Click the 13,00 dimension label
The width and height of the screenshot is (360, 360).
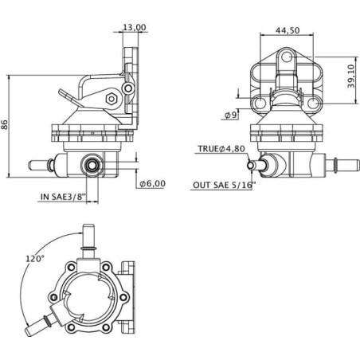135,27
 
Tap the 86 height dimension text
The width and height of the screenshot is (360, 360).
5,124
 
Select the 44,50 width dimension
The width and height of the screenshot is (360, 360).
288,30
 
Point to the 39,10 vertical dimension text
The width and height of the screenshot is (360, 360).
351,76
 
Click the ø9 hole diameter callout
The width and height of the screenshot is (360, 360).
230,115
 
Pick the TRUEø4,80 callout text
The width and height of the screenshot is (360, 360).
221,149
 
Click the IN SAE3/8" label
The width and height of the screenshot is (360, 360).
63,197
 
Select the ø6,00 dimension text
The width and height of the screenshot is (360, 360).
153,183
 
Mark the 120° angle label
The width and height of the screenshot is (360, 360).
34,258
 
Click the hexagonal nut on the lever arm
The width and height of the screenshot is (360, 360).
112,99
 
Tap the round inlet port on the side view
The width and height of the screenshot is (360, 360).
92,165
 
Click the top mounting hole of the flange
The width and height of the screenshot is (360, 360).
287,57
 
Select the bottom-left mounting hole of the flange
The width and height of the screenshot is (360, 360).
260,103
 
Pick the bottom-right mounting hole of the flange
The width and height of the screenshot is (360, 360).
313,103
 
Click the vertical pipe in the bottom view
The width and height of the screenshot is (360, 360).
88,241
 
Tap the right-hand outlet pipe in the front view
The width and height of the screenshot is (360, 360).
342,164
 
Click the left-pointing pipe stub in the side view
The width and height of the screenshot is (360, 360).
41,165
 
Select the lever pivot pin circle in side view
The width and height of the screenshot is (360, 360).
128,88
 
